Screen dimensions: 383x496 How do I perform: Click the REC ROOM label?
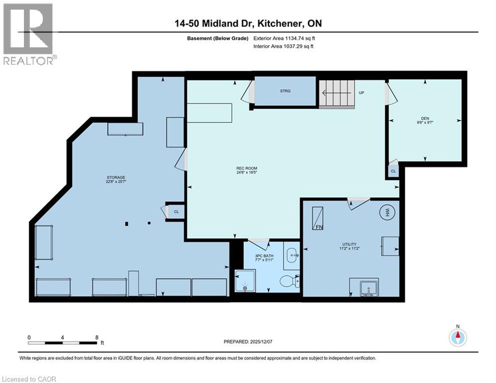pyautogui.click(x=246, y=168)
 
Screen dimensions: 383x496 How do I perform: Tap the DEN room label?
pyautogui.click(x=425, y=119)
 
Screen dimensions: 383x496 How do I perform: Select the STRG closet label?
pyautogui.click(x=285, y=91)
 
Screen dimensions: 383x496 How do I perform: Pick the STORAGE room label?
pyautogui.click(x=115, y=177)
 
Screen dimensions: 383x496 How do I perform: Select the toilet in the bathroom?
pyautogui.click(x=288, y=282)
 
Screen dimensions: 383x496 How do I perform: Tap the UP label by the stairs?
pyautogui.click(x=361, y=93)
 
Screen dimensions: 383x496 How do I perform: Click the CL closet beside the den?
pyautogui.click(x=393, y=171)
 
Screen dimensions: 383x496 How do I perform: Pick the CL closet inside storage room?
pyautogui.click(x=176, y=211)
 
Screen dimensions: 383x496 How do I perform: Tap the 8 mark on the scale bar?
pyautogui.click(x=97, y=337)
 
